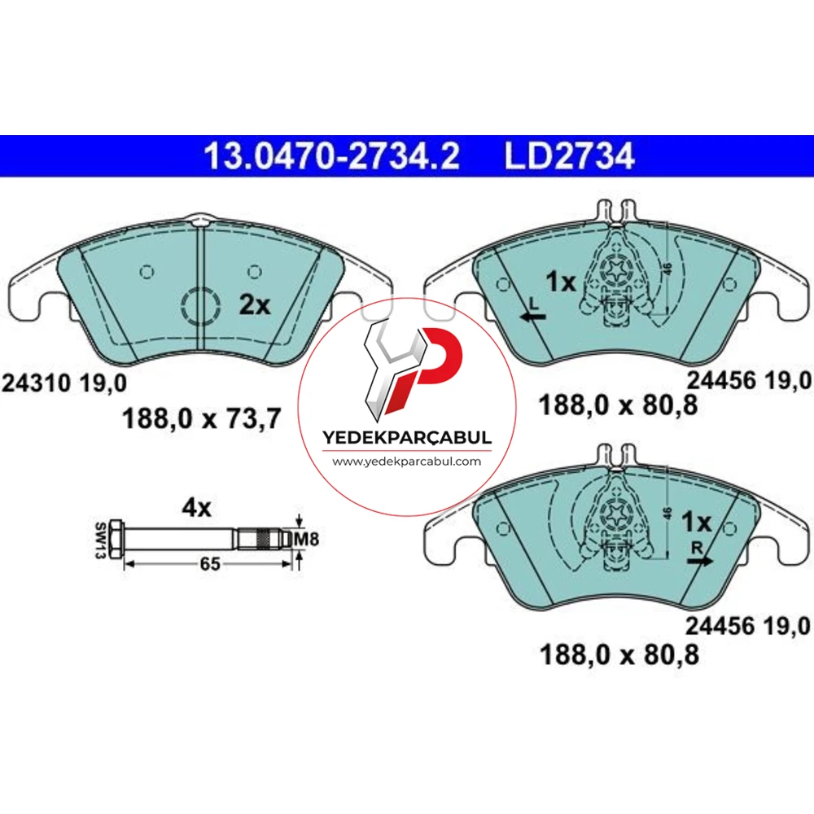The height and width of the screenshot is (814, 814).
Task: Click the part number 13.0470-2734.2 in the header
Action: [332, 155]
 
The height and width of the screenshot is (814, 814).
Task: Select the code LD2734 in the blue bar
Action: [569, 155]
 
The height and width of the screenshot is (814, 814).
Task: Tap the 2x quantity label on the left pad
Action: [254, 305]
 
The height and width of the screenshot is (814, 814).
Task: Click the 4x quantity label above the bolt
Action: [196, 508]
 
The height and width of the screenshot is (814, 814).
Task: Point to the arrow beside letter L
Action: [532, 316]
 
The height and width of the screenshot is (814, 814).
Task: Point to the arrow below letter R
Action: [700, 561]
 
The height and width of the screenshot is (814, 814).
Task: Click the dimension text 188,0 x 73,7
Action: [201, 418]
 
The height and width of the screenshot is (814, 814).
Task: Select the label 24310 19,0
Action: [64, 383]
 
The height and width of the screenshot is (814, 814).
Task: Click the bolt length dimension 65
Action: [210, 564]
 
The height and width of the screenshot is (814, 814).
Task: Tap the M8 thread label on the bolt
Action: [306, 540]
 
